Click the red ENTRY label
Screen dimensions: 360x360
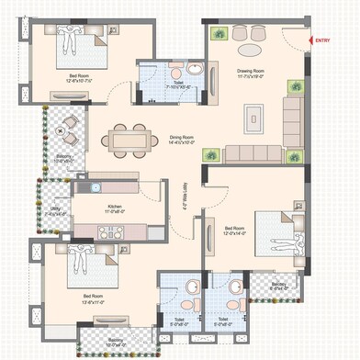coord(323,40)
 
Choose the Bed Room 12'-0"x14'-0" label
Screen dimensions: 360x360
coord(235,231)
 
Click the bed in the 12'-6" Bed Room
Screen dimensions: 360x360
coord(73,46)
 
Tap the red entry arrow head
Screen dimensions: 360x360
coord(309,40)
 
